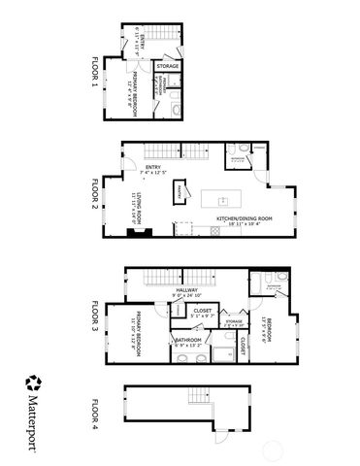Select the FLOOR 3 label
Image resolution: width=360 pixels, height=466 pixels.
pyautogui.click(x=95, y=311)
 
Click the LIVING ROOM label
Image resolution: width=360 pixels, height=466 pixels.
pyautogui.click(x=138, y=208)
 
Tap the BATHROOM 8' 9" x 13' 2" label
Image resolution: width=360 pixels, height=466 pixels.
pyautogui.click(x=187, y=341)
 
